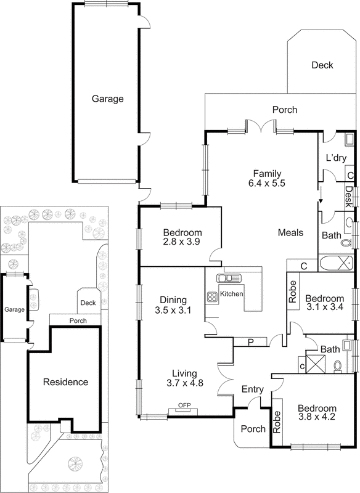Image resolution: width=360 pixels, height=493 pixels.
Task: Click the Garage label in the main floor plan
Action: click(x=108, y=99)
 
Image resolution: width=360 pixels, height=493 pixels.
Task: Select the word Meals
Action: click(x=290, y=232)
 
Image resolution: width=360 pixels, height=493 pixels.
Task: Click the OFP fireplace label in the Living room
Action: click(x=184, y=405)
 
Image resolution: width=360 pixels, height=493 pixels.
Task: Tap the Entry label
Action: click(x=253, y=389)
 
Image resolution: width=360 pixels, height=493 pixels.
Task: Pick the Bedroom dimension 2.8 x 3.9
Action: click(x=182, y=242)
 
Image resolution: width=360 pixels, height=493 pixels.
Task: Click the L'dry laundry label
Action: click(x=337, y=158)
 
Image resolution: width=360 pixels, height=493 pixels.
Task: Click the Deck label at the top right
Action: click(x=322, y=65)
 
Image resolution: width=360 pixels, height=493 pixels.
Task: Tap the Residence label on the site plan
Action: click(x=65, y=382)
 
